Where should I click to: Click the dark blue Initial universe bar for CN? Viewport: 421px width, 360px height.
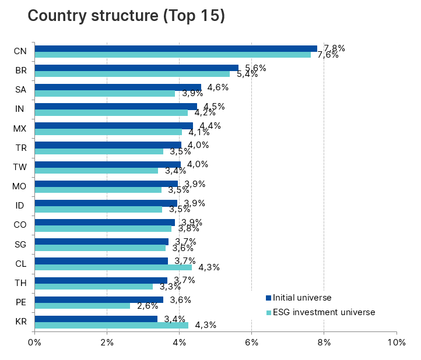point(175,48)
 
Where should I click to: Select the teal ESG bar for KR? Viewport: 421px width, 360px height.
point(111,325)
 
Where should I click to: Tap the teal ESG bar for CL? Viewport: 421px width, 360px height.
point(113,267)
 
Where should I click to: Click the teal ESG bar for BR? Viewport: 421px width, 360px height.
point(132,74)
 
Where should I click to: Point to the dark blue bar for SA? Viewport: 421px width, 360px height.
point(118,87)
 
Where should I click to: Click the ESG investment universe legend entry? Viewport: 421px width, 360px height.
point(320,312)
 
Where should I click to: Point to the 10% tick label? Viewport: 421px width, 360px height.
point(397,342)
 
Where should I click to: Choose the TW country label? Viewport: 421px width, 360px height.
point(19,167)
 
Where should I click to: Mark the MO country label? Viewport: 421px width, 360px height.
point(19,186)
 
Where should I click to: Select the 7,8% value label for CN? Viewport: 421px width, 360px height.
point(334,48)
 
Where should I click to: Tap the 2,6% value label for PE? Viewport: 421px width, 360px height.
point(148,306)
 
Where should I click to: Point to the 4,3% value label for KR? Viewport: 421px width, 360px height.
point(206,325)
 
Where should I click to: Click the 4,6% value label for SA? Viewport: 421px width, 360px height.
point(218,87)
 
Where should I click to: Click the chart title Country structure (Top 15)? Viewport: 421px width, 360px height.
point(126,16)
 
